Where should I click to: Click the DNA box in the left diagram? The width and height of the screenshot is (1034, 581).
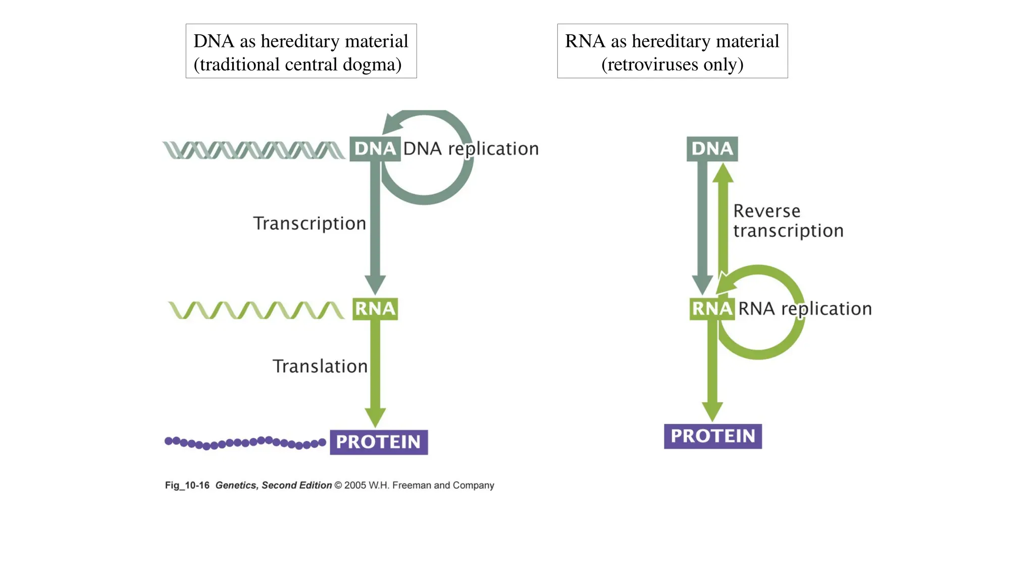point(375,149)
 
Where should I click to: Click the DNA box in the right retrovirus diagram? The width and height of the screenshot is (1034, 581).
point(712,149)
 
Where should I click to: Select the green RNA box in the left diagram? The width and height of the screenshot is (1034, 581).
point(375,309)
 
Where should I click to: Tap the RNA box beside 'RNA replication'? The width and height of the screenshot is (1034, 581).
point(712,309)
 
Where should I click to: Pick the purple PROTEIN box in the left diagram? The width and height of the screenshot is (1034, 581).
point(379,442)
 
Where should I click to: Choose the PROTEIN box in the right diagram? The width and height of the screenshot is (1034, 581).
point(712,436)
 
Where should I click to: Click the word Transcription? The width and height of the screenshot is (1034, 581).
point(309,223)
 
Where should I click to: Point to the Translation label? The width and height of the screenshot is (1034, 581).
point(320,367)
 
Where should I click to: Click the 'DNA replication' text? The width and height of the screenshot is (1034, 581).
point(471,149)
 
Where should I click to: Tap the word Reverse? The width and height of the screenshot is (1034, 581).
point(766,211)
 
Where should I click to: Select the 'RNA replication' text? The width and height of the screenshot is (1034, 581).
point(805,309)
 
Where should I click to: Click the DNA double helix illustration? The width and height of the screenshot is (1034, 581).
point(254,150)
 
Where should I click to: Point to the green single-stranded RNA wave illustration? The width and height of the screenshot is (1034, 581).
point(256,310)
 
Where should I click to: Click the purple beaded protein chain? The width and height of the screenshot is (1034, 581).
point(245,443)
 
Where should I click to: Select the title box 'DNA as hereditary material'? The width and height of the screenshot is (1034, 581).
point(301,51)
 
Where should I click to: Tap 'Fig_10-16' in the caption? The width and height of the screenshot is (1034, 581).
point(187,486)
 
